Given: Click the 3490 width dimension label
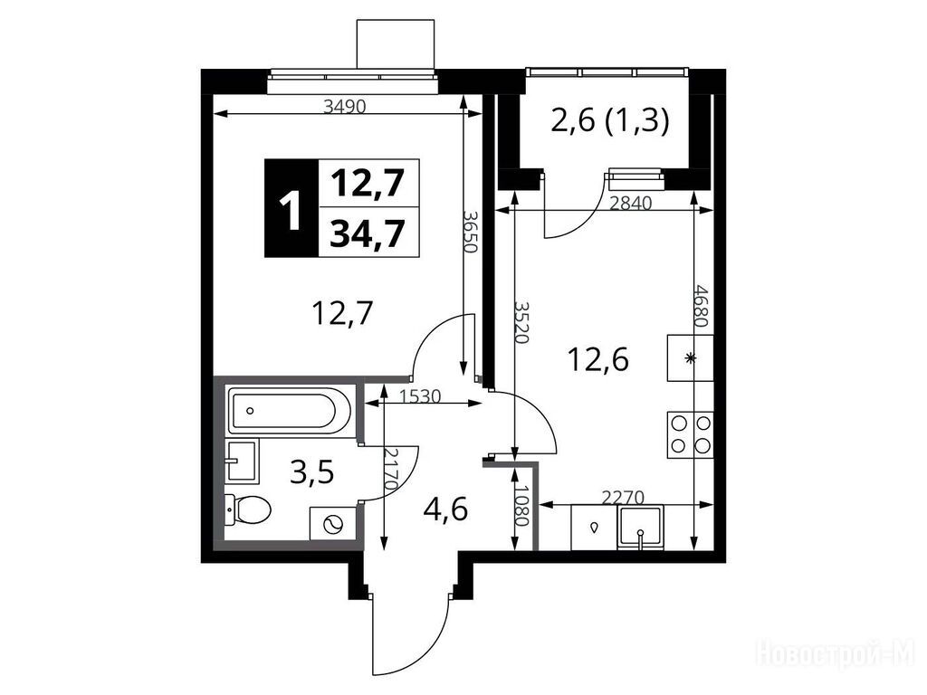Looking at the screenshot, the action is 346,107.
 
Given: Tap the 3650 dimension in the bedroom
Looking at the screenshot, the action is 470,232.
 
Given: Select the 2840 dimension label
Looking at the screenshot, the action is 630,204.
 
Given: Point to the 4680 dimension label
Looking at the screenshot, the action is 702,306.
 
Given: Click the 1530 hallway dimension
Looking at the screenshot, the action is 420,396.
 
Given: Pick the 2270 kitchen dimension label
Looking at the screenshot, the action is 623,498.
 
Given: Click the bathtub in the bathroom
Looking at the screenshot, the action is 284,410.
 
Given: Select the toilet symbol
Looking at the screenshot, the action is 249,509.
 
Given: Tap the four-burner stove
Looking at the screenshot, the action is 690,434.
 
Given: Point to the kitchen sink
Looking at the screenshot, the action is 640,528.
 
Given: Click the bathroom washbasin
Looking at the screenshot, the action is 243,461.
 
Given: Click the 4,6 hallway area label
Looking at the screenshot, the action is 445,509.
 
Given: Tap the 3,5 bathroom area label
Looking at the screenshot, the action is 312,472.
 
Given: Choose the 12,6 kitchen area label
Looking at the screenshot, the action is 598,359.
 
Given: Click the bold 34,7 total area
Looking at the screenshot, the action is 368,233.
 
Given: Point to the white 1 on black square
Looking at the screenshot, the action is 291,208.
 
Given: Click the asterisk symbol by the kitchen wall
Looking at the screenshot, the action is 689,357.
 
